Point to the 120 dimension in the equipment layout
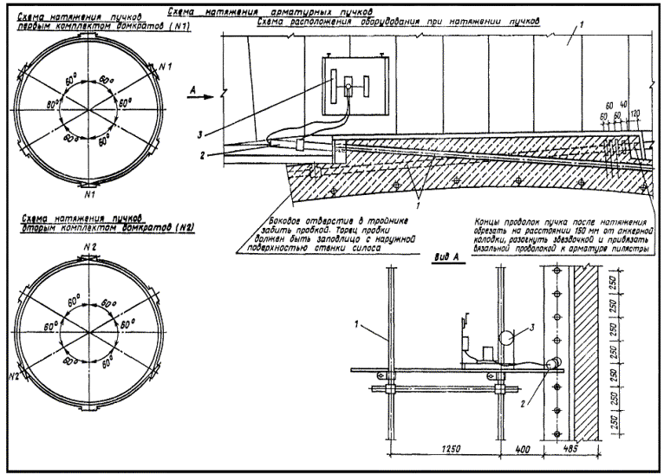636,114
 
